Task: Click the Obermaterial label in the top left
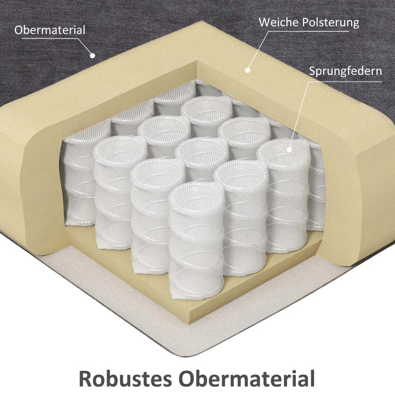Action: pyautogui.click(x=50, y=30)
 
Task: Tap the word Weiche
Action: pyautogui.click(x=278, y=22)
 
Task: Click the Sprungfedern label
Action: pyautogui.click(x=345, y=71)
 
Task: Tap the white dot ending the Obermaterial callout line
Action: pyautogui.click(x=92, y=55)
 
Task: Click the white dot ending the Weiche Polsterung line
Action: pyautogui.click(x=248, y=70)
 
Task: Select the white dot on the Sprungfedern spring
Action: pyautogui.click(x=289, y=150)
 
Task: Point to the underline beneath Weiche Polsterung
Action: pyautogui.click(x=308, y=31)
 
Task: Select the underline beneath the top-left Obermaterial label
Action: pyautogui.click(x=50, y=39)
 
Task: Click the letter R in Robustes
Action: pyautogui.click(x=85, y=378)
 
